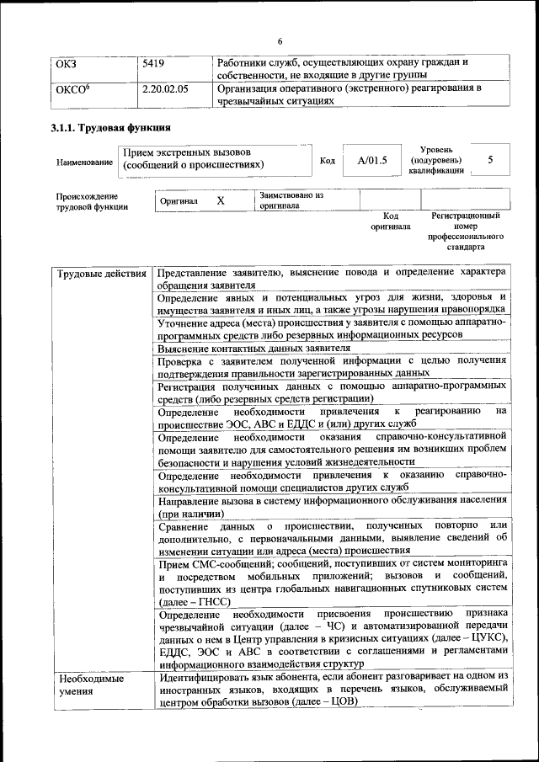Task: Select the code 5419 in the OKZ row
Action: coord(153,63)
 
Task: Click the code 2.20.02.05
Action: coord(165,88)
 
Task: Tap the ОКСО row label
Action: coord(72,88)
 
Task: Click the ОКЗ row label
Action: coord(66,63)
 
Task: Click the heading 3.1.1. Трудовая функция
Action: coord(111,128)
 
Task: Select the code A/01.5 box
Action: coord(371,160)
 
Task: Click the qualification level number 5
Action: coord(490,159)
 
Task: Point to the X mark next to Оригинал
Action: coord(220,201)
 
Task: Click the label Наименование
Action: coord(83,161)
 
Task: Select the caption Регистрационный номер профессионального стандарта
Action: coord(465,232)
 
